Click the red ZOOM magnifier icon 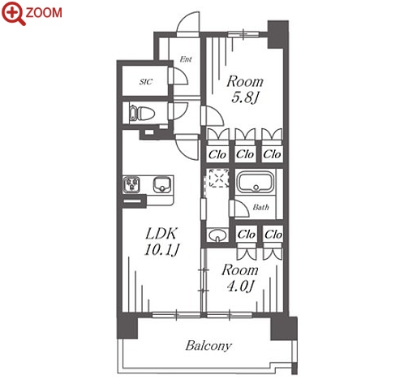click(13, 13)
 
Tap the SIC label click(146, 82)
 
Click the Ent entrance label click(186, 59)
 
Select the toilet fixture click(142, 113)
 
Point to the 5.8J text click(245, 97)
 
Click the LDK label click(161, 233)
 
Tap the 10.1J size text click(161, 249)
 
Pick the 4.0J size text click(240, 287)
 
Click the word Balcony click(208, 346)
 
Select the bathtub click(256, 182)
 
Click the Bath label click(261, 207)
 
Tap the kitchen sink click(162, 185)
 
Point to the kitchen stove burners click(131, 184)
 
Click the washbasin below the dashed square click(217, 235)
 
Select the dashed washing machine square click(219, 178)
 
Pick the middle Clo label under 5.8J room click(245, 154)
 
